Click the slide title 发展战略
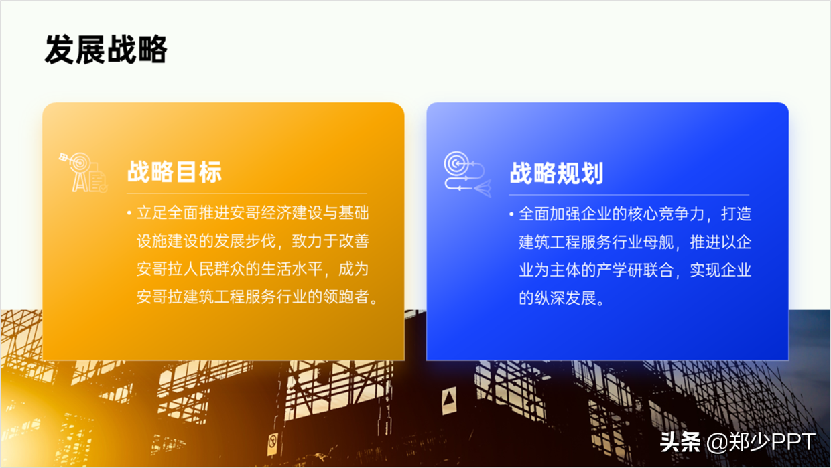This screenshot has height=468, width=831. [x=106, y=50]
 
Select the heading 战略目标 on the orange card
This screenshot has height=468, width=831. [x=174, y=172]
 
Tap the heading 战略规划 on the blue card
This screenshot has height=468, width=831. [x=556, y=173]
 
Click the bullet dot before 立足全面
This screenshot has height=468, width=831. [x=129, y=213]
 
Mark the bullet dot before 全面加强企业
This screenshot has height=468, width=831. [x=511, y=214]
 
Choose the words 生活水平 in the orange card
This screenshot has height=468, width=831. [x=292, y=269]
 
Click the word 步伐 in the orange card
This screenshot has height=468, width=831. [x=261, y=241]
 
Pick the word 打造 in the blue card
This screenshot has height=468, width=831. [x=736, y=214]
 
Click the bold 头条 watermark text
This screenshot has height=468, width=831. [x=680, y=442]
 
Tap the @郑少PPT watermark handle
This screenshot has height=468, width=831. [x=761, y=442]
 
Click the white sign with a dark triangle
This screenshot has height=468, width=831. [x=449, y=400]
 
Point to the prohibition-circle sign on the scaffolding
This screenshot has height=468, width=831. [x=273, y=443]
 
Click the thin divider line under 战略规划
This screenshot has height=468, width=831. [x=629, y=195]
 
